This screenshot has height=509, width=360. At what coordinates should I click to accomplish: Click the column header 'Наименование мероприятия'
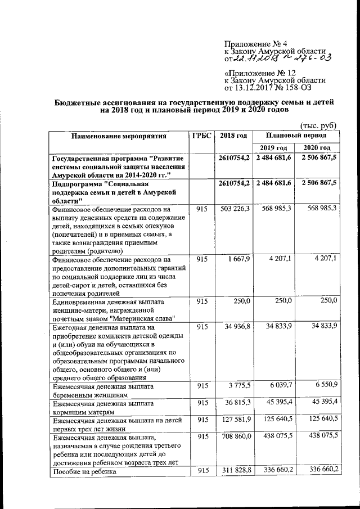coord(119,136)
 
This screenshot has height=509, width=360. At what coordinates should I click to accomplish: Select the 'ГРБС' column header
coord(201,136)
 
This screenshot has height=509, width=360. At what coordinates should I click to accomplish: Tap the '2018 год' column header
coord(233,136)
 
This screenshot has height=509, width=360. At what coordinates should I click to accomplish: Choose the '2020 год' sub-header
coord(318,148)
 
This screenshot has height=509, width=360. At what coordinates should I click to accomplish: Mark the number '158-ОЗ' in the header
coord(295,87)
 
